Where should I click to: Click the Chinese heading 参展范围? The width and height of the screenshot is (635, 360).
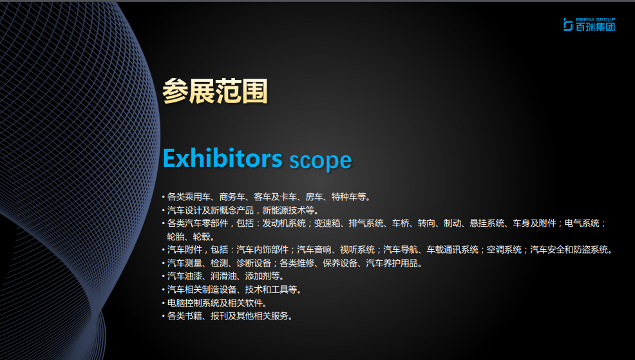point(215,91)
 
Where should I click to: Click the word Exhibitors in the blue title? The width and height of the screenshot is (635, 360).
point(222,158)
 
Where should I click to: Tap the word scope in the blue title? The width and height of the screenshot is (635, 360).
point(320,161)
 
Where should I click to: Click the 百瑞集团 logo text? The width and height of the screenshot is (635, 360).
point(595,27)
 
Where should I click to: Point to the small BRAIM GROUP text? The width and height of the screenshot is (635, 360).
point(595,19)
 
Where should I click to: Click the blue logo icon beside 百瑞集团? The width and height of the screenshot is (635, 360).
point(568,24)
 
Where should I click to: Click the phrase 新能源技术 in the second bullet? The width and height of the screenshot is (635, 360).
point(284,210)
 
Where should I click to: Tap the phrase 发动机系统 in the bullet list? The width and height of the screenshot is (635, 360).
point(284,223)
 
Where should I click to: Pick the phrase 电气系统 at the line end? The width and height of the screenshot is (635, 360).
point(582,223)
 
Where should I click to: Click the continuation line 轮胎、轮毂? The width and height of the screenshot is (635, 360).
point(191,236)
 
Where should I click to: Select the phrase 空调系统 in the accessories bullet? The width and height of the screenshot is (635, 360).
point(504,249)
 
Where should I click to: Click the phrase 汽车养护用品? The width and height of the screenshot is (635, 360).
point(392,263)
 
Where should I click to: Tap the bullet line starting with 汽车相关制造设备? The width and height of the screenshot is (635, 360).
point(234,290)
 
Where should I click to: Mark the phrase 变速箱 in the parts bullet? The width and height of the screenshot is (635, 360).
point(327,223)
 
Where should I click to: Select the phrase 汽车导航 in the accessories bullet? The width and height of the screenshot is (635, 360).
point(401,249)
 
